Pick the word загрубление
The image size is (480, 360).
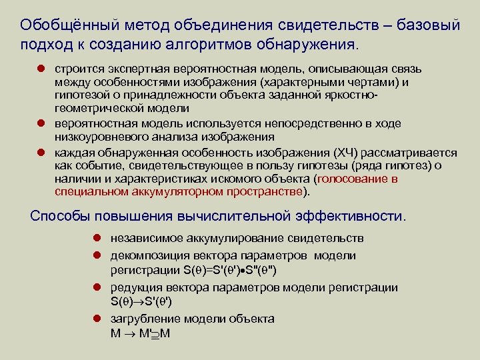coord(141,319)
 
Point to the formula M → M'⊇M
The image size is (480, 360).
coord(141,332)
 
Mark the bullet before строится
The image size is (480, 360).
coord(39,69)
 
